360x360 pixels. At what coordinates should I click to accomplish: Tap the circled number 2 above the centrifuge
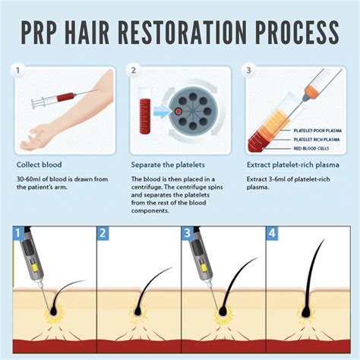coord(134,71)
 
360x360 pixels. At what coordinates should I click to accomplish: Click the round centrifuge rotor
coord(194,114)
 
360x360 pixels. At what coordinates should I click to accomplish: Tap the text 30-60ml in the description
coord(30,179)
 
